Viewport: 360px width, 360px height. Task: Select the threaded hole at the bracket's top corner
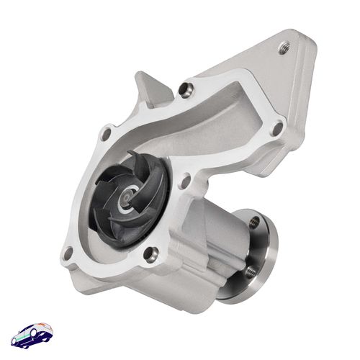tap(284, 48)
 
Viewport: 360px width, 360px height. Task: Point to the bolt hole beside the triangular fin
tap(187, 89)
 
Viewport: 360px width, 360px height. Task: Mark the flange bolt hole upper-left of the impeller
tap(107, 133)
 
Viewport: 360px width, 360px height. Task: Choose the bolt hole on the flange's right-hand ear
tap(276, 128)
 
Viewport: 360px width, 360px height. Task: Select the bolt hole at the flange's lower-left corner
tap(69, 253)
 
